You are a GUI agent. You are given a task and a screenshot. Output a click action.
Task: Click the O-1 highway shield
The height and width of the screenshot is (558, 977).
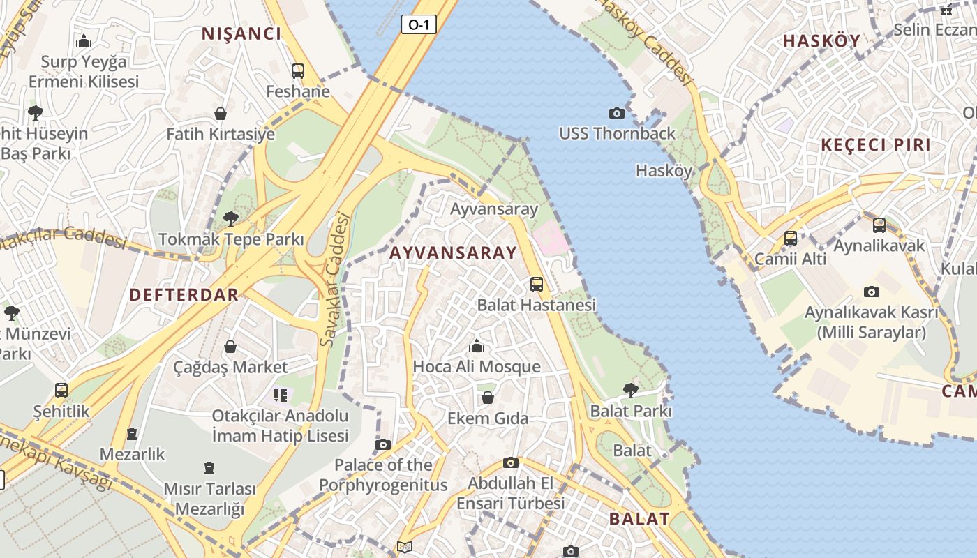pos(419,25)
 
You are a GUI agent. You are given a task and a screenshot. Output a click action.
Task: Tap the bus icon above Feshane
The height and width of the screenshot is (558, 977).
pos(298,70)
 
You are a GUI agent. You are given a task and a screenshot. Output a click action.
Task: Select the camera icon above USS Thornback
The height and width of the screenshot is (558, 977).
pos(616,113)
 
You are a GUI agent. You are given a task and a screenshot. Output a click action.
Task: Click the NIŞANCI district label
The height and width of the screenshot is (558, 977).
pos(241,33)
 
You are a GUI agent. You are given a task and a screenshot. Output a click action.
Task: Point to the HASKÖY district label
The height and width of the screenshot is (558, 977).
pos(821,40)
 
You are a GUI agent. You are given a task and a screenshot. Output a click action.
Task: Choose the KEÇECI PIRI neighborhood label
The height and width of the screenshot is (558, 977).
pos(876,145)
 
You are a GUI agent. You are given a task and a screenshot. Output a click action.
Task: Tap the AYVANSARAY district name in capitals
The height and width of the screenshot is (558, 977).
pos(453,253)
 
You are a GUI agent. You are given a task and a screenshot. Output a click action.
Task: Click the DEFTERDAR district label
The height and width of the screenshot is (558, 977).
pos(184,294)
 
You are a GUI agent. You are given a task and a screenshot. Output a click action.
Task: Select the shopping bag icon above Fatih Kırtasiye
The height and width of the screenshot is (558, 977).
pos(221,114)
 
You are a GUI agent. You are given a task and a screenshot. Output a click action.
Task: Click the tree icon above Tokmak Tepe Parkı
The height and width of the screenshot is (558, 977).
pos(230,219)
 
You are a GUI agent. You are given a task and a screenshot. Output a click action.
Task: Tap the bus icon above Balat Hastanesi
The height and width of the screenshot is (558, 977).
pos(536,285)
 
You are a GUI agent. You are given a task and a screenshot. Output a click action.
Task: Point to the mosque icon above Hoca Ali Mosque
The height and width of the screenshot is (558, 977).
pos(477,346)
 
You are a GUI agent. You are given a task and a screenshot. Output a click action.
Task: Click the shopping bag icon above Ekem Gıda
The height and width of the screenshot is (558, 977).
pos(488,398)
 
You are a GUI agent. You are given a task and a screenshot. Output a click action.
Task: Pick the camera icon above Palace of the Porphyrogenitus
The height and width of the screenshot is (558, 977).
pos(382,444)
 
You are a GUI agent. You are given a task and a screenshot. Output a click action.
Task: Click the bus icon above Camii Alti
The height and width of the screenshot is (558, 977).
pos(790,239)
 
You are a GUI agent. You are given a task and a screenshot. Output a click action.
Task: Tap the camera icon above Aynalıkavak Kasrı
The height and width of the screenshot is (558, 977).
pos(871,292)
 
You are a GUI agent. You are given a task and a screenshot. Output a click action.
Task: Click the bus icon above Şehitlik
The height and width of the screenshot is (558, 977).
pos(61,391)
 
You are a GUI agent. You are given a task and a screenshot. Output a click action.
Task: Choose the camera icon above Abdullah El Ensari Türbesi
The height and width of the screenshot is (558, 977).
pos(511,462)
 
